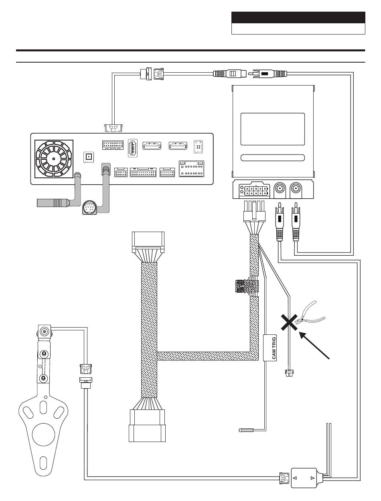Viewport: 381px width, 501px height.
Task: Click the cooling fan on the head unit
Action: (x=54, y=159)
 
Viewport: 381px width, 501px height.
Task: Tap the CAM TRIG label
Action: (x=274, y=348)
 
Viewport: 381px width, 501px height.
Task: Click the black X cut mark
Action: (x=289, y=322)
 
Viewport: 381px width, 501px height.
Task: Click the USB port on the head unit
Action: (x=133, y=148)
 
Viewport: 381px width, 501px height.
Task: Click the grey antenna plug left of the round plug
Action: (x=54, y=202)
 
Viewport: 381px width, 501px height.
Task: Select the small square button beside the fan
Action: (x=89, y=157)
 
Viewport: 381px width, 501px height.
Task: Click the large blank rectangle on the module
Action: (x=272, y=129)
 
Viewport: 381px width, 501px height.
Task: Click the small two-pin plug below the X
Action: (x=289, y=373)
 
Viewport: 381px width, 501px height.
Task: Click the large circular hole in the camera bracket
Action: (x=43, y=435)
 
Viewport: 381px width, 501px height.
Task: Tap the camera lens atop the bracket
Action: (x=44, y=331)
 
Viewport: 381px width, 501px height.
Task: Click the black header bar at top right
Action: (x=298, y=18)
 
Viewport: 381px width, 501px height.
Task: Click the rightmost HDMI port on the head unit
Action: (x=178, y=146)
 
